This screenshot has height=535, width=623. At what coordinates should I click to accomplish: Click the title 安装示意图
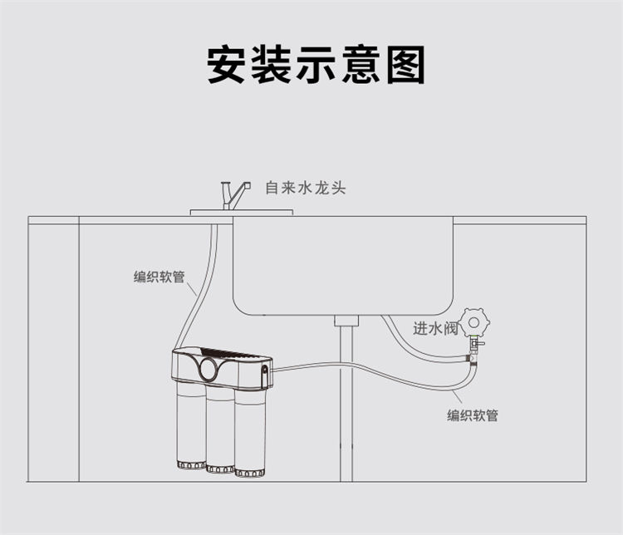[316, 64]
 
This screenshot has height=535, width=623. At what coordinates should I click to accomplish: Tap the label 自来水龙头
[305, 189]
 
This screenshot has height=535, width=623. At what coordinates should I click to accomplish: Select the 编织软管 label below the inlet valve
[473, 415]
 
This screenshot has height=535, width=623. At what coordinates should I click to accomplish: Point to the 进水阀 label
[436, 328]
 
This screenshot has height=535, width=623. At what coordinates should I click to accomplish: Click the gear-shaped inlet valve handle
[475, 320]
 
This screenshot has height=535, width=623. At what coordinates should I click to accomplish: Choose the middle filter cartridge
[220, 430]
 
